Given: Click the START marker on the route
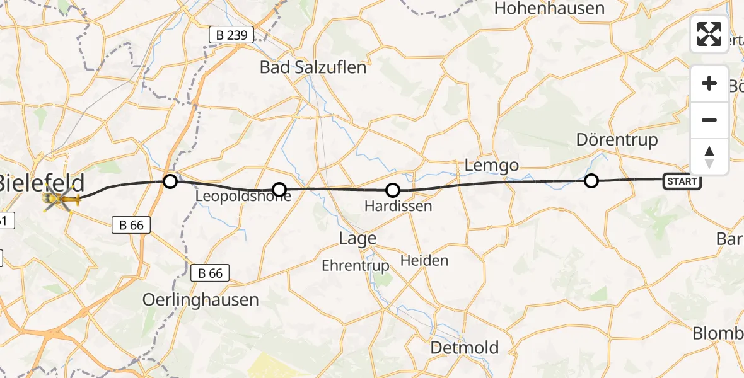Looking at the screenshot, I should tap(682, 181).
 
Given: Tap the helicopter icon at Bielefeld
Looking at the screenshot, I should tap(61, 200).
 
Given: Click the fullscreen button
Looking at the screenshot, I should tap(709, 34).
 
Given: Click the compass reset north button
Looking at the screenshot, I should tap(709, 156).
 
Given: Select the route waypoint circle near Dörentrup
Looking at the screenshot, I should tap(591, 181).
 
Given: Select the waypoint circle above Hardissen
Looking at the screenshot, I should tap(393, 190).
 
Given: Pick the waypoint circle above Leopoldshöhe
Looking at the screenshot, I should tap(279, 189).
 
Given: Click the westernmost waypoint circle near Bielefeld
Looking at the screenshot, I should tap(170, 182).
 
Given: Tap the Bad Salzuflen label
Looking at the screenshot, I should tap(313, 67).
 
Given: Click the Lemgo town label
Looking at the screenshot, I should tap(491, 166).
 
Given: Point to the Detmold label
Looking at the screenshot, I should tap(464, 347).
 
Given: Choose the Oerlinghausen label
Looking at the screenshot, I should tap(201, 299).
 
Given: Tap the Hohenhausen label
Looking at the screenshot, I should tap(549, 8).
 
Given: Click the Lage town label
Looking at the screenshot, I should tap(357, 238).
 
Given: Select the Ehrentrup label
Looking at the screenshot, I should tap(356, 265).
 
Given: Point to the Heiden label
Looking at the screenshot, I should tap(425, 260).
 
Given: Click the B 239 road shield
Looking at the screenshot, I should tap(231, 35).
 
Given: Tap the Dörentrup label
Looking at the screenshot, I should tap(617, 139).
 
